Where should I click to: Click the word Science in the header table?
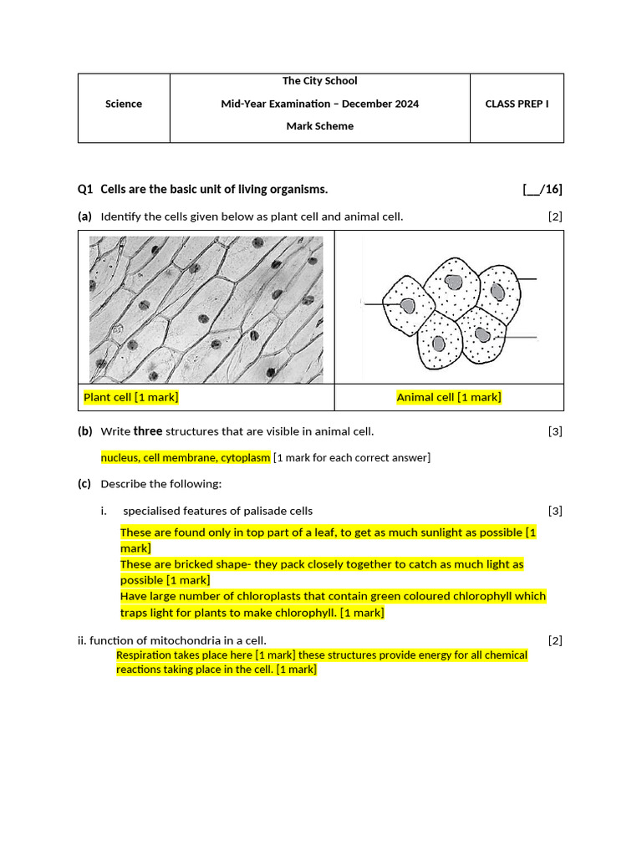point(124,104)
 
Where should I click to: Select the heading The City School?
point(319,81)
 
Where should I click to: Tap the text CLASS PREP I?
point(517,104)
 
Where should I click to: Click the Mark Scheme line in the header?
point(319,126)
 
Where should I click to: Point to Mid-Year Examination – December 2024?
point(319,104)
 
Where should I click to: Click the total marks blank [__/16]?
point(543,190)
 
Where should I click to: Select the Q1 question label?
point(84,190)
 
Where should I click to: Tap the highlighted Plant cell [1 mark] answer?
point(131,397)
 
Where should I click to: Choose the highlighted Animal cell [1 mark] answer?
point(449,397)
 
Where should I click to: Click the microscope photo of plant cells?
point(206,309)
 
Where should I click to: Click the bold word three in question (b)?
point(148,431)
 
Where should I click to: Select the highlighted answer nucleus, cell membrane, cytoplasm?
point(186,457)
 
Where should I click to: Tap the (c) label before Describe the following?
point(84,484)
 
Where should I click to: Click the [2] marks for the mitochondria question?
point(555,640)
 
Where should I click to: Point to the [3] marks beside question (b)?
point(555,431)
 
